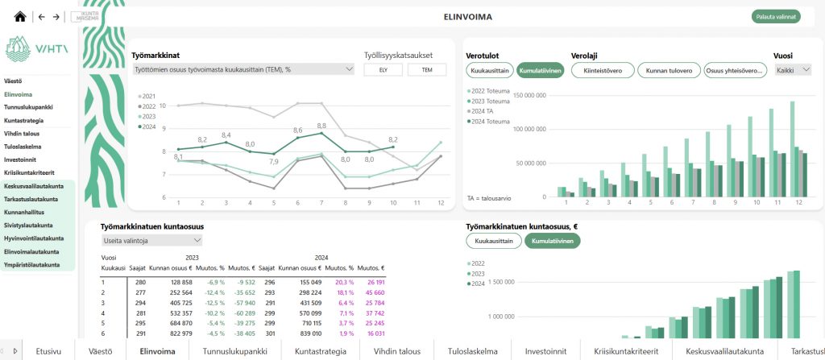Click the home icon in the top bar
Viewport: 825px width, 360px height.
(20, 16)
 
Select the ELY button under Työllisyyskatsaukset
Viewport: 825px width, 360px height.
(383, 70)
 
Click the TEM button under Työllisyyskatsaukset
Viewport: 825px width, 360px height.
(426, 70)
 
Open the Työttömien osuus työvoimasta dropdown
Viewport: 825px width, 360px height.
(243, 70)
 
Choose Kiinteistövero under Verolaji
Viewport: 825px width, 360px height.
(602, 70)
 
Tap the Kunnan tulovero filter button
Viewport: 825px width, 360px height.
(669, 70)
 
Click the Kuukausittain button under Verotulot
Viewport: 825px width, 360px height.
(490, 70)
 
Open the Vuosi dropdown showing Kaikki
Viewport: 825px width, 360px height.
(792, 70)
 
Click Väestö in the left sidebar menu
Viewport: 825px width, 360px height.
(13, 81)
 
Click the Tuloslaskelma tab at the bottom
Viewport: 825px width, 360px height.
(474, 351)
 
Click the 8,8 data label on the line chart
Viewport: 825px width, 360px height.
(321, 126)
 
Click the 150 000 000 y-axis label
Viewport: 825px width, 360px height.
(530, 95)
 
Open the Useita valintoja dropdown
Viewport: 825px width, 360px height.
(151, 240)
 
